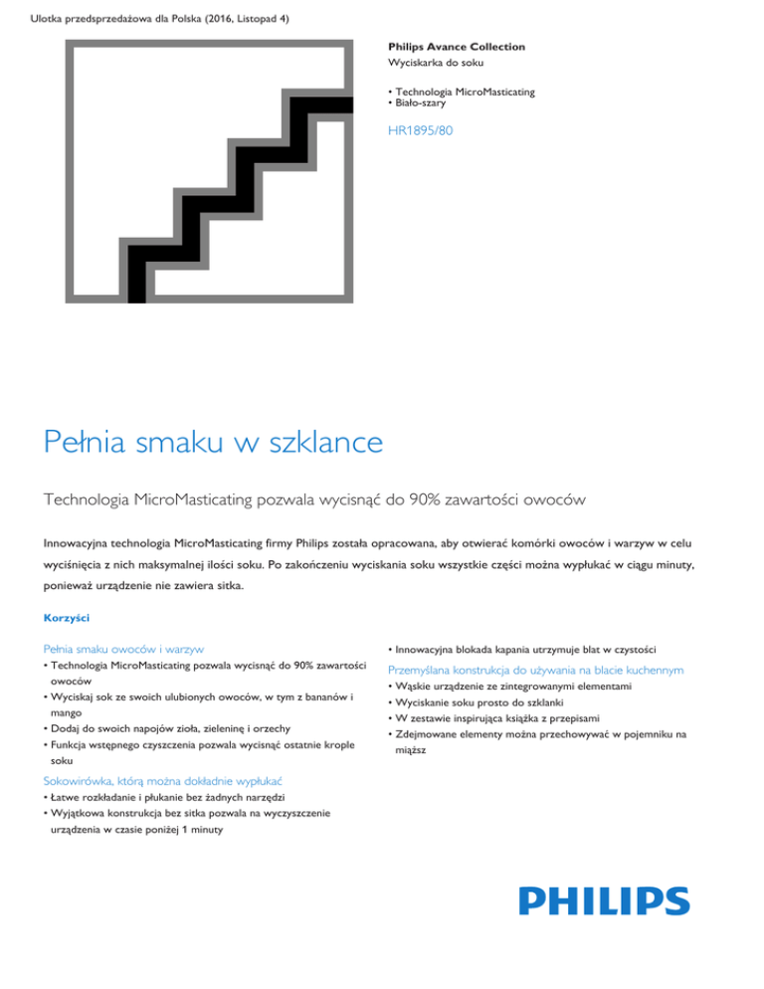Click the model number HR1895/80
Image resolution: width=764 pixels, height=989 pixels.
point(421,129)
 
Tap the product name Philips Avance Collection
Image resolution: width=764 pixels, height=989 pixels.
point(456,47)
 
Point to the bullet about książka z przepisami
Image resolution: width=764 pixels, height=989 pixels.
point(512,718)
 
